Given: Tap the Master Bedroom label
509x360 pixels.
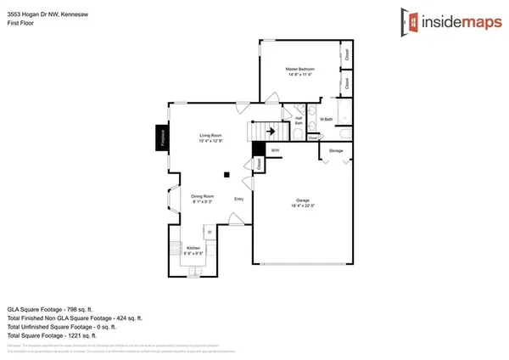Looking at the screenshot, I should tap(299, 68).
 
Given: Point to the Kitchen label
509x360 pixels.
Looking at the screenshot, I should tap(194, 247).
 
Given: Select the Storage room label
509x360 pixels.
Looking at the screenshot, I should tap(336, 151).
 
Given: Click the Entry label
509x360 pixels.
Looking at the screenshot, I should tap(239, 201).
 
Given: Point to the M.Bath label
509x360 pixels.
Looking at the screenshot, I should tap(327, 120).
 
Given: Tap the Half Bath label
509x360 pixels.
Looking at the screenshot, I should tap(299, 121).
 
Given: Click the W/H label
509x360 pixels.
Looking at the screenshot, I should tap(274, 151).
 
